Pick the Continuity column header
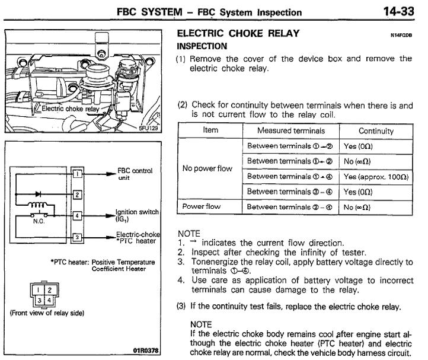[x=376, y=130]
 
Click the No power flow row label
[x=208, y=168]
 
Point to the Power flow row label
[x=205, y=206]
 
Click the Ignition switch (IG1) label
[x=135, y=214]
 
